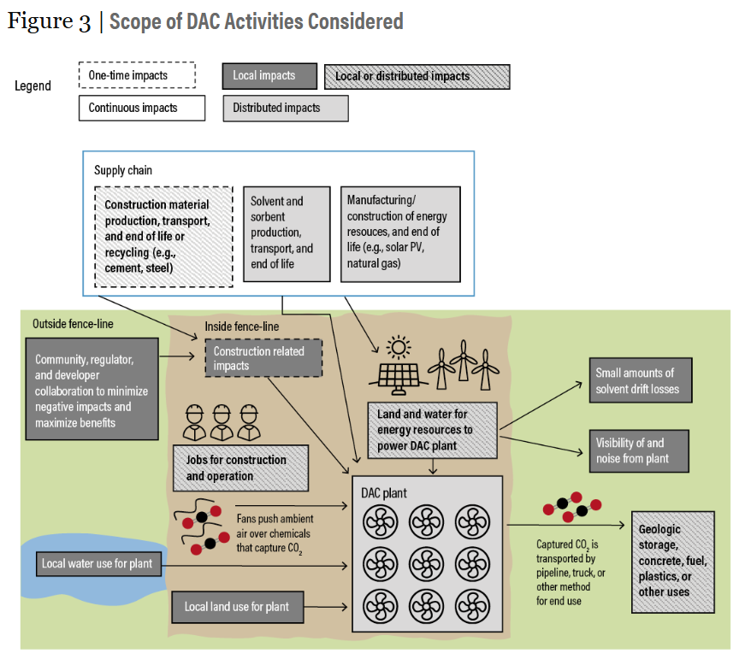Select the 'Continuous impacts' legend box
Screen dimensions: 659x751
point(141,109)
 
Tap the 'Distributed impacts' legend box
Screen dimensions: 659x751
point(285,109)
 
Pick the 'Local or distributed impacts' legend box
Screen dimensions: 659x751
point(416,76)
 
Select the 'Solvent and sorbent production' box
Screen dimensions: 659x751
point(287,233)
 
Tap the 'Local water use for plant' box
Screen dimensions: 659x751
point(98,564)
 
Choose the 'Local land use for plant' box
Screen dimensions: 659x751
point(237,607)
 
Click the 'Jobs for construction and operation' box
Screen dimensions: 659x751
point(240,468)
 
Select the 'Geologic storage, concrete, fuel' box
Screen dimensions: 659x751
point(672,562)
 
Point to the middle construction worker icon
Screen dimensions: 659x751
point(222,420)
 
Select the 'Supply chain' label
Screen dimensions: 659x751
point(123,170)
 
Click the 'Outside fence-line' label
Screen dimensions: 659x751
point(73,324)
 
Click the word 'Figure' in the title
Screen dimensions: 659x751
point(41,21)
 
